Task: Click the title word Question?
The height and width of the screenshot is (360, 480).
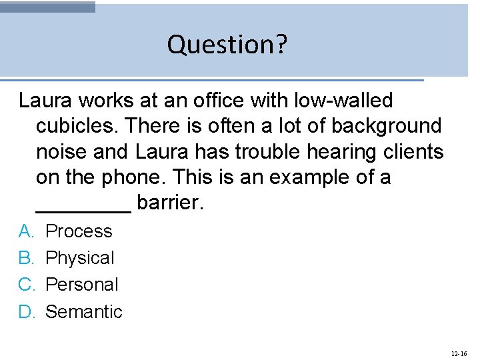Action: pyautogui.click(x=227, y=45)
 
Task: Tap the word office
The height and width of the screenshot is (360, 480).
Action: pyautogui.click(x=213, y=101)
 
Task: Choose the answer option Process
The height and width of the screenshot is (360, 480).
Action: pyautogui.click(x=79, y=231)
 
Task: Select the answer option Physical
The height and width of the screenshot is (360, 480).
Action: pyautogui.click(x=80, y=258)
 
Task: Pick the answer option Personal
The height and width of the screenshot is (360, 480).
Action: pyautogui.click(x=81, y=285)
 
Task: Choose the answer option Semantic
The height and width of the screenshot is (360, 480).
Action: pyautogui.click(x=84, y=311)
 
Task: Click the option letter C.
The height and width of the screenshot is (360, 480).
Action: pyautogui.click(x=26, y=285)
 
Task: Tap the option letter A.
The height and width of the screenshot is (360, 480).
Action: pyautogui.click(x=26, y=231)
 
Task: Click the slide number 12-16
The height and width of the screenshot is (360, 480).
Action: pyautogui.click(x=459, y=353)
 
